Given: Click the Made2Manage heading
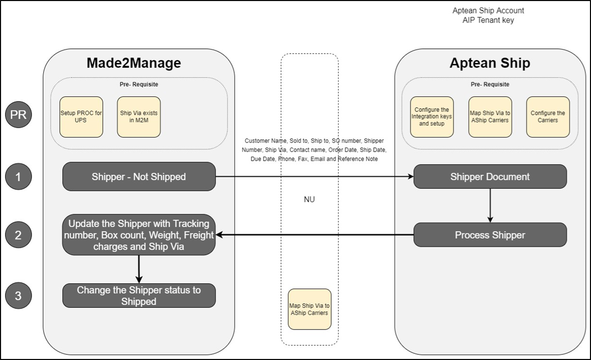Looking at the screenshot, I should [134, 63].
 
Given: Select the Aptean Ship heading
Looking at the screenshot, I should [490, 63].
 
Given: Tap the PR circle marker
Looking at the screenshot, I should [18, 114].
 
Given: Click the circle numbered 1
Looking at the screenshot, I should [18, 177].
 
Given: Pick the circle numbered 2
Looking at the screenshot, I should [18, 235].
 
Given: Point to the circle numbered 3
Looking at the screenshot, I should [18, 296].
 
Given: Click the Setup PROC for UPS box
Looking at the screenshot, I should [81, 117].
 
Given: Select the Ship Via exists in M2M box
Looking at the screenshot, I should [139, 117].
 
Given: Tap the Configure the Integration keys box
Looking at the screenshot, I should [432, 117].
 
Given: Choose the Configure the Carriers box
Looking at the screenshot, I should [547, 117].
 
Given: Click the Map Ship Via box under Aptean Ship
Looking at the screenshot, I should [490, 117].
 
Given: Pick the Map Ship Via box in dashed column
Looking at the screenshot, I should [309, 309].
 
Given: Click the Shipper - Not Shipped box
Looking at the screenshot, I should [139, 177].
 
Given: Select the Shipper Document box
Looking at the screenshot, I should [490, 177].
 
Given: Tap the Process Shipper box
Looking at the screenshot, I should [490, 235].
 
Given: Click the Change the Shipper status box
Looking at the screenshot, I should [139, 296].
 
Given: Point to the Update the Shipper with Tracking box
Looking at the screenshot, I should [139, 235].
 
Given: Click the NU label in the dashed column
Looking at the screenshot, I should [309, 199].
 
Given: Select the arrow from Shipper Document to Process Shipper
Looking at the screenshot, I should [490, 205].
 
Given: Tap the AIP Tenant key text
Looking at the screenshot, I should [488, 20].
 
